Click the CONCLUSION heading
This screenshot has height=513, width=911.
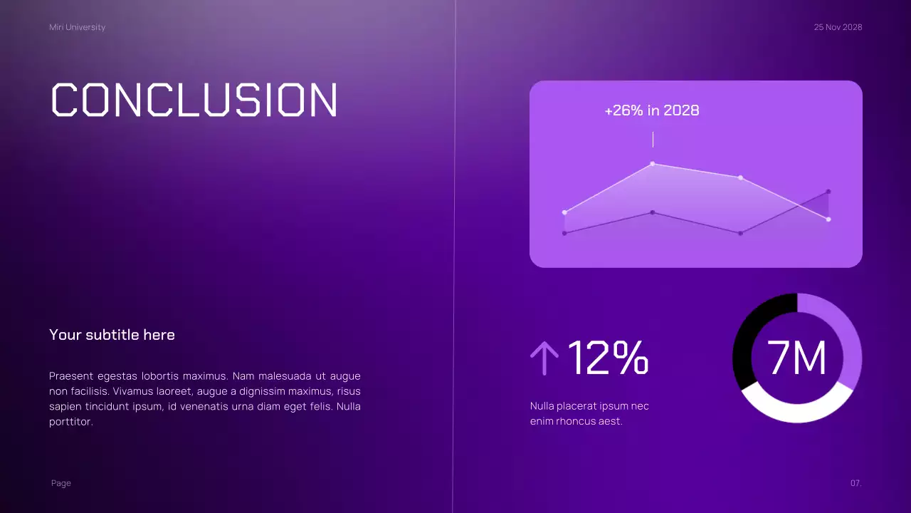[194, 100]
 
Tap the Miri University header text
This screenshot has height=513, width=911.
[77, 27]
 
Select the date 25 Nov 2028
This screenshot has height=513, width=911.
[838, 27]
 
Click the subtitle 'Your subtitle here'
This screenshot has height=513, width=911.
[112, 335]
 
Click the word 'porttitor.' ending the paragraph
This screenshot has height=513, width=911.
[71, 422]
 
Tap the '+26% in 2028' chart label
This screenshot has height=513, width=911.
[651, 110]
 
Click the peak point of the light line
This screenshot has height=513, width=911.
[653, 164]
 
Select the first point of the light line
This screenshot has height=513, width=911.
[564, 212]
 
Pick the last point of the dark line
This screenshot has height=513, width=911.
[828, 192]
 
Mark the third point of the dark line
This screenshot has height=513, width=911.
[740, 233]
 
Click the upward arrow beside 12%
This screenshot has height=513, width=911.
[544, 358]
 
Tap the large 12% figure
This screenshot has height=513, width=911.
[608, 358]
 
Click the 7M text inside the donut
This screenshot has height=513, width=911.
[797, 358]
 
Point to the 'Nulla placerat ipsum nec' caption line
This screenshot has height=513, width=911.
[589, 406]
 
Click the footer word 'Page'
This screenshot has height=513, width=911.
[61, 483]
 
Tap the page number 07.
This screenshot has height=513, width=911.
[855, 483]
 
